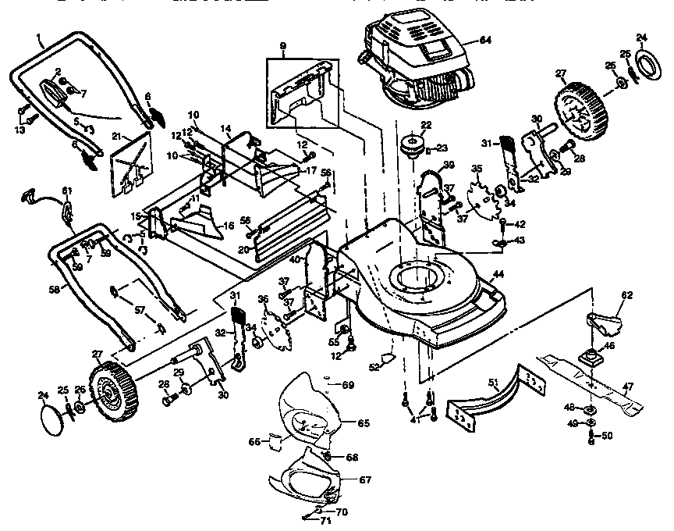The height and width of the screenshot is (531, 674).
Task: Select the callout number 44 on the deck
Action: pyautogui.click(x=498, y=275)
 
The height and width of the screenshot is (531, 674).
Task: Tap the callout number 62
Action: pyautogui.click(x=627, y=296)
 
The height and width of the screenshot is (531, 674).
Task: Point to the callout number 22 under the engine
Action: pyautogui.click(x=426, y=125)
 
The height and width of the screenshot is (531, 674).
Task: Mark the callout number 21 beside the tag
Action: pyautogui.click(x=117, y=136)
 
